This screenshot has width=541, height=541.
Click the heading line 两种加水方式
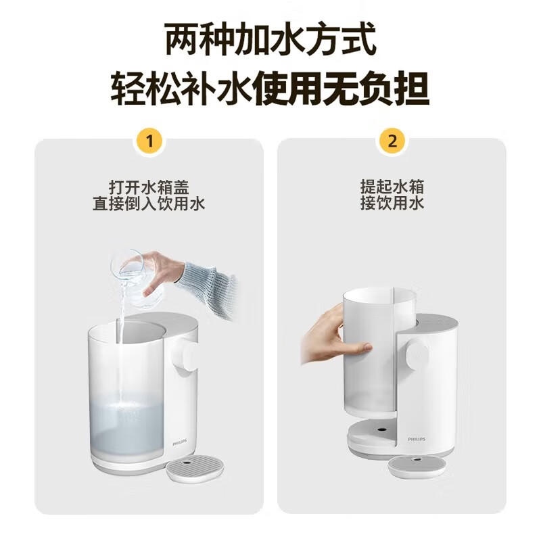[270, 42]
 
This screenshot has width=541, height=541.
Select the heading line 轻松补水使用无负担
[270, 89]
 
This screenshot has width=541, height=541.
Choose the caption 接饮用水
[392, 203]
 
